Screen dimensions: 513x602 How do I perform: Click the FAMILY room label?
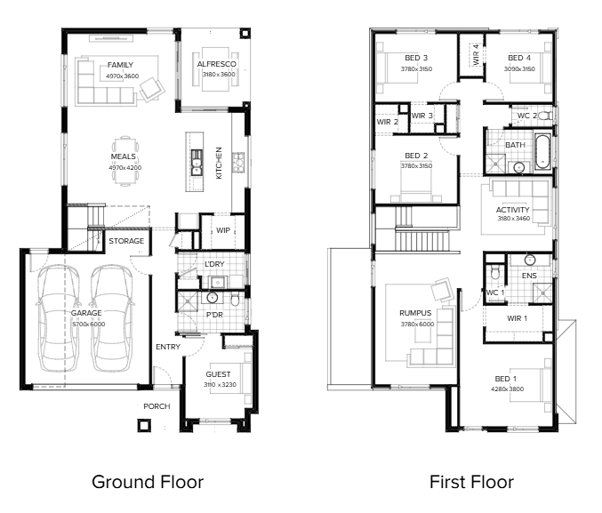point(120,65)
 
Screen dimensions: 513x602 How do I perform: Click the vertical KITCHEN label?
point(220,164)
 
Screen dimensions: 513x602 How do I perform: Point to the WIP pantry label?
point(222,230)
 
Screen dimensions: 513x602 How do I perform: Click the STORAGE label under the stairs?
point(125,241)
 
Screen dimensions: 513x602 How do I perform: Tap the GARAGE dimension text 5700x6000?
point(87,325)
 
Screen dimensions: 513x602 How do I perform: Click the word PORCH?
point(157,406)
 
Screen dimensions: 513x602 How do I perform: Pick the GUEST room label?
point(218,375)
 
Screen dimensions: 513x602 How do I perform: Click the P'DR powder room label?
point(214,314)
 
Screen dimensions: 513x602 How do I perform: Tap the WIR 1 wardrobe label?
point(517,317)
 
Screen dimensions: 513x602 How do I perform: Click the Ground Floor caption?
point(148,482)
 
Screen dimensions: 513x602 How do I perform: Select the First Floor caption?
point(471,482)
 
